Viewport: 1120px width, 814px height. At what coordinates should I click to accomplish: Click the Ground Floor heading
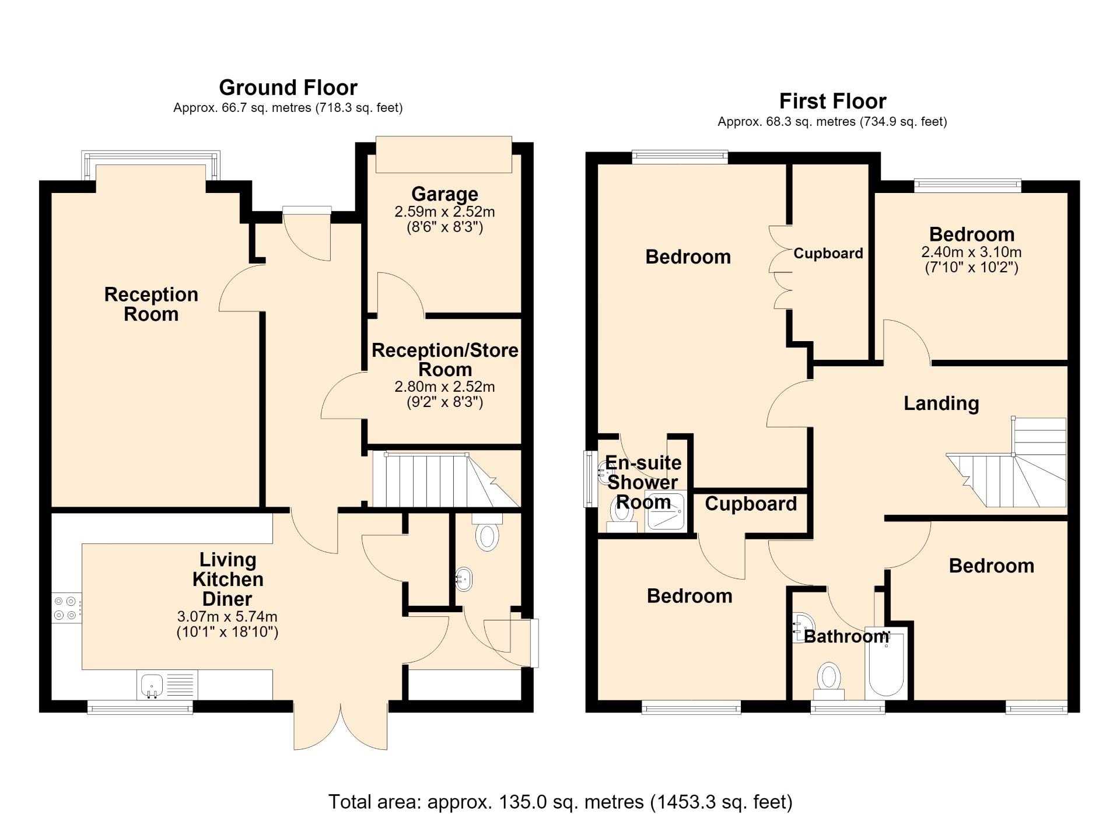click(288, 87)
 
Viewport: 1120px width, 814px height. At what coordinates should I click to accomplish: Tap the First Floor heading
click(832, 101)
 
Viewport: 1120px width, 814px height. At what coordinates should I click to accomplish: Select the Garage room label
click(444, 194)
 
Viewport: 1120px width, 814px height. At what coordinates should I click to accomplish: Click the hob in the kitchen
click(66, 607)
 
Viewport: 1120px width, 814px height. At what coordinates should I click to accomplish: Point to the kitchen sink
click(167, 685)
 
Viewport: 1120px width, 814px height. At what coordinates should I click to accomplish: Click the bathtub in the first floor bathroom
click(886, 663)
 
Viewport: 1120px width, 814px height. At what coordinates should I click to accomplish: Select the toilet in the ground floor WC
click(487, 532)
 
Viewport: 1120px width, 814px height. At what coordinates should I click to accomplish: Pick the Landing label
click(941, 403)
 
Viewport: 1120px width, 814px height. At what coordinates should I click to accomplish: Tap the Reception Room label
click(151, 304)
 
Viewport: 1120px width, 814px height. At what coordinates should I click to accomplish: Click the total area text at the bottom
click(560, 801)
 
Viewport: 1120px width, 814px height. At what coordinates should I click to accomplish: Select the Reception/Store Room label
click(445, 360)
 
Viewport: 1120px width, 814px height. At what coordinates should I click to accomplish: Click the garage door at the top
click(444, 155)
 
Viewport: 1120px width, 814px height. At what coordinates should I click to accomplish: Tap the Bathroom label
click(846, 636)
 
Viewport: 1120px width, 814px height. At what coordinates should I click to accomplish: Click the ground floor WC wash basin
click(464, 580)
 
